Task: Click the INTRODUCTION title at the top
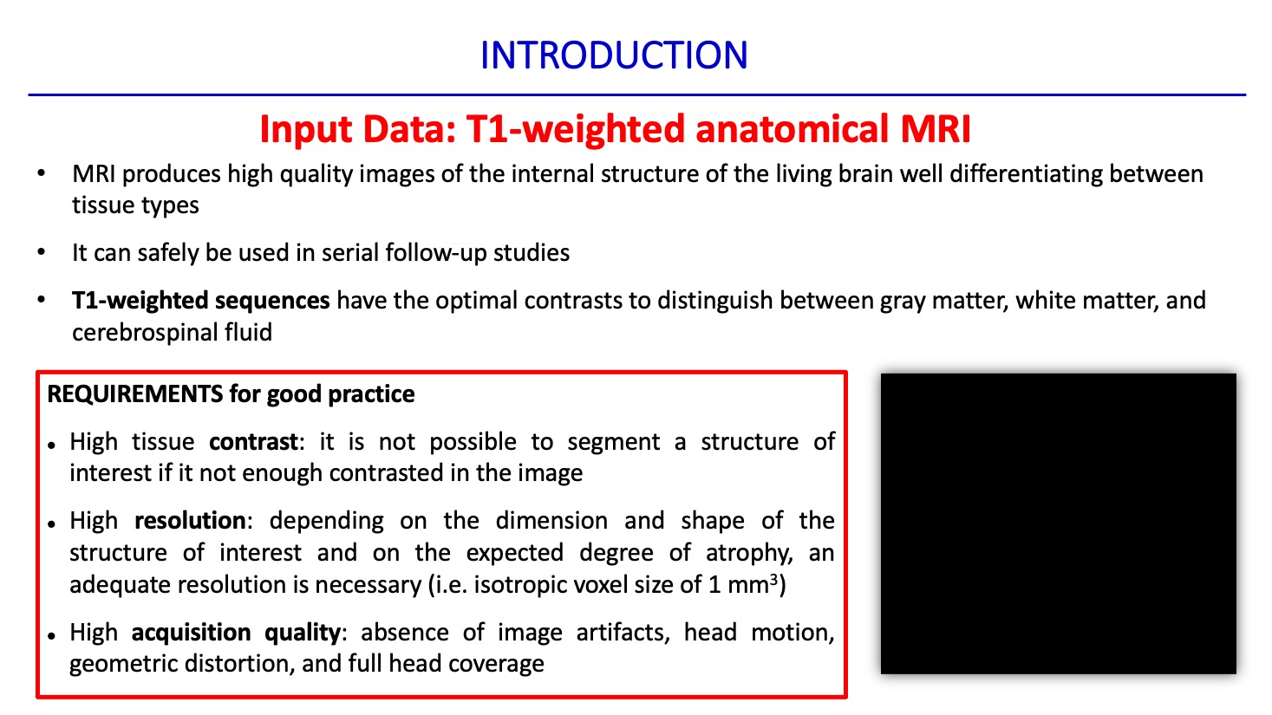(x=614, y=55)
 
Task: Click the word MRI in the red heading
(x=936, y=129)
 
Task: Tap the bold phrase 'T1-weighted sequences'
(x=200, y=300)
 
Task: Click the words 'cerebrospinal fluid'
(x=172, y=332)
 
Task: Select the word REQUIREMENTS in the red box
(x=134, y=393)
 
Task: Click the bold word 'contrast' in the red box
(x=253, y=441)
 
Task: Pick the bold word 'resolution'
(x=190, y=520)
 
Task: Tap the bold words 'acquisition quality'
(x=236, y=632)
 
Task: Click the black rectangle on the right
(x=1058, y=523)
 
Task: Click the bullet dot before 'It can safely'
(x=41, y=251)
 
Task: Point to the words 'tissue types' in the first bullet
(x=135, y=205)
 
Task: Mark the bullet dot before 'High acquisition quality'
(x=52, y=636)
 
